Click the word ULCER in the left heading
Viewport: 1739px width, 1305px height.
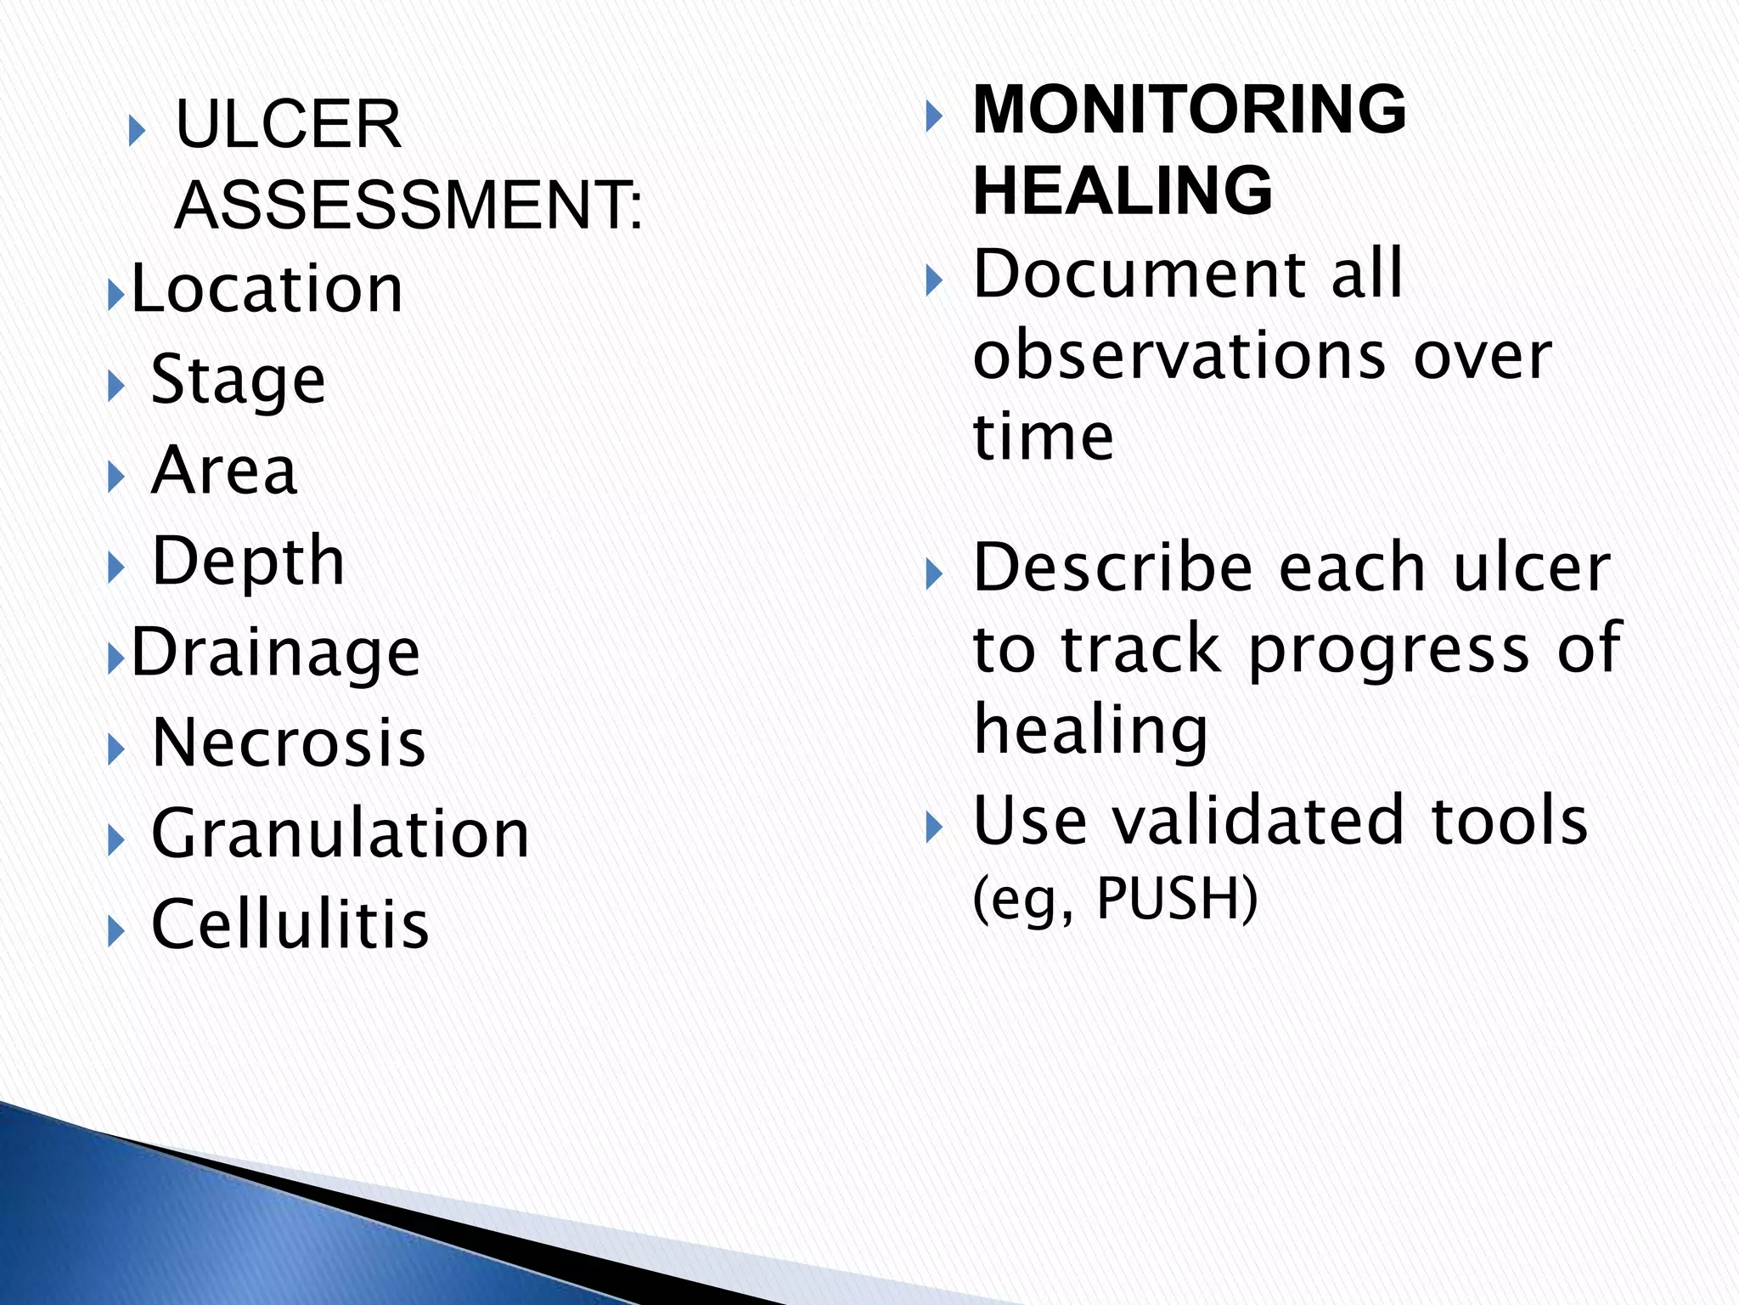[288, 124]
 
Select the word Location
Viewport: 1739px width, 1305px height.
[267, 289]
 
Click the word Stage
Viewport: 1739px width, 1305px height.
[238, 380]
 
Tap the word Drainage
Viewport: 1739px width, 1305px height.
[276, 652]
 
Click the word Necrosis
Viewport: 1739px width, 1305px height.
[289, 743]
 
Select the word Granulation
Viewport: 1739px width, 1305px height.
[340, 833]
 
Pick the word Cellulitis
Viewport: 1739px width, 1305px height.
[290, 924]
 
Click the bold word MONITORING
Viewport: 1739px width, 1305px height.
[1189, 110]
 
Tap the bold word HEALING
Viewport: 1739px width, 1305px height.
[1123, 190]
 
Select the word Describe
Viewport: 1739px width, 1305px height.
[1113, 568]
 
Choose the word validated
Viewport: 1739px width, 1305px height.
[1271, 821]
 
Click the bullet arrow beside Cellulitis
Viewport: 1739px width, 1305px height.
[116, 931]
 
